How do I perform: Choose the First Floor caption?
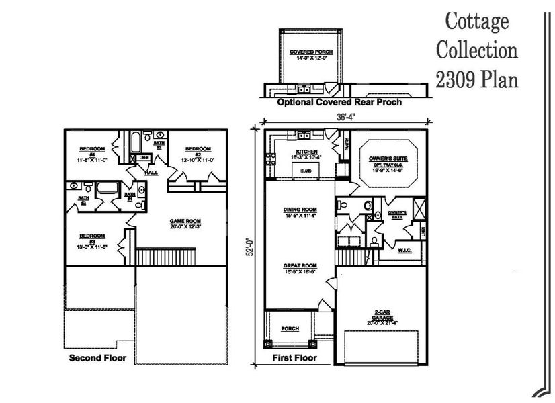click(294, 359)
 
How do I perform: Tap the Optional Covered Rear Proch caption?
click(339, 103)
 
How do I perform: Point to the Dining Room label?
click(300, 212)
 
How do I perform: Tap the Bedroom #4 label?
click(90, 152)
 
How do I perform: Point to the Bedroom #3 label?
click(92, 240)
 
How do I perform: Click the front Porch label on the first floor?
click(290, 329)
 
